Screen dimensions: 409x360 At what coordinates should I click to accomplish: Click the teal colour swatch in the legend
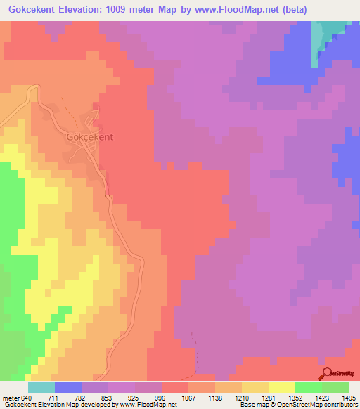pos(41,387)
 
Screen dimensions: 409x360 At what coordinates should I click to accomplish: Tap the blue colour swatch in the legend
pos(67,387)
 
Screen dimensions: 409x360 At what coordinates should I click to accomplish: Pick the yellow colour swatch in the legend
pos(281,387)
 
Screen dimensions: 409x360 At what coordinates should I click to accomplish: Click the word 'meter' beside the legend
pos(10,397)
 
